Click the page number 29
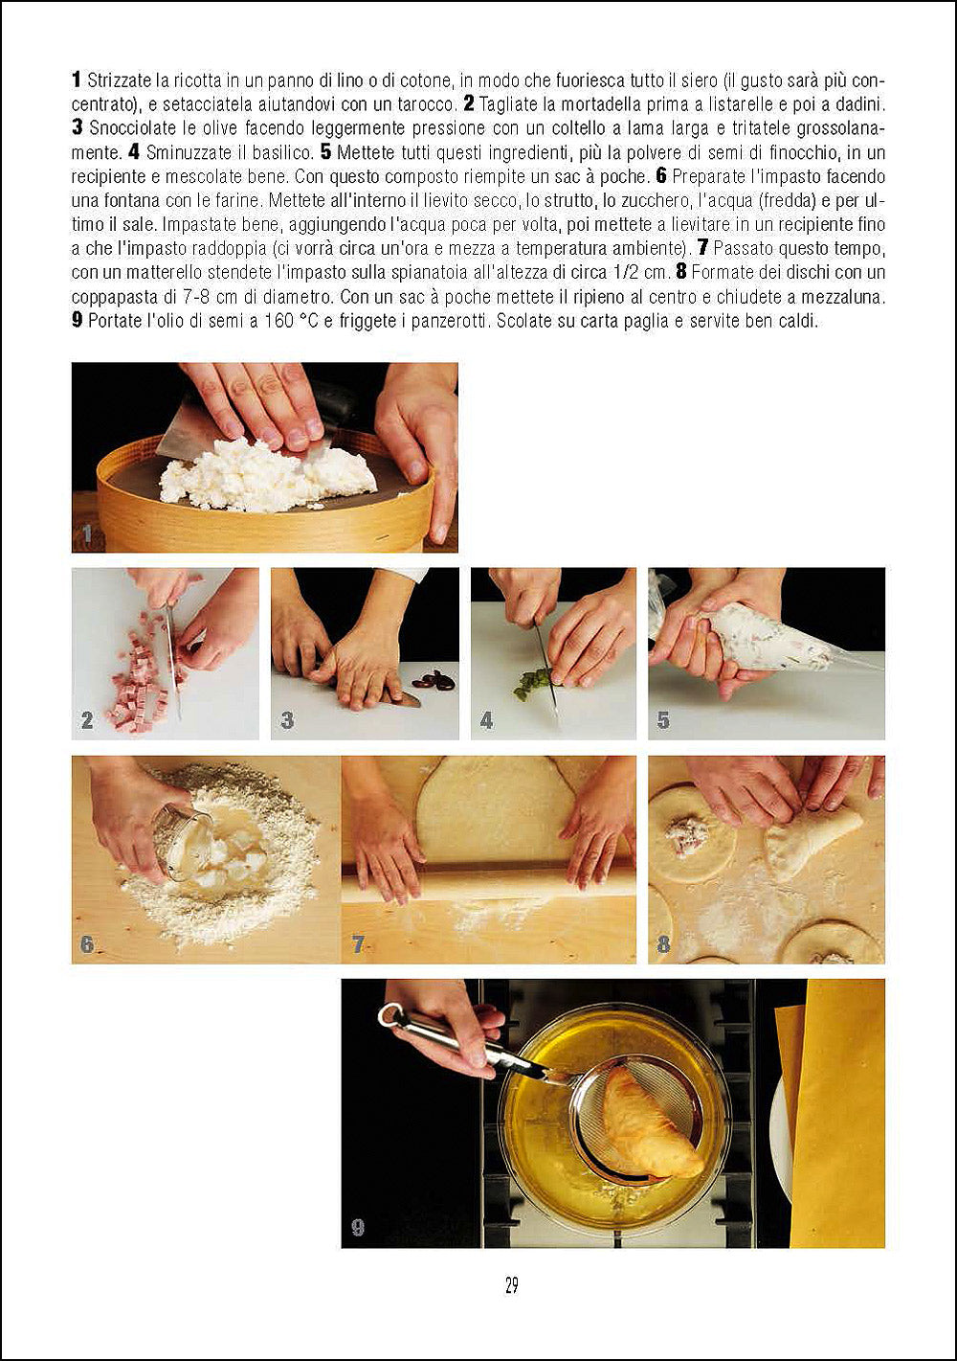tap(511, 1285)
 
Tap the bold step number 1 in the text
tap(77, 79)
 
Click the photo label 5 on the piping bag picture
tap(662, 720)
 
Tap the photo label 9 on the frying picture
tap(357, 1227)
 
